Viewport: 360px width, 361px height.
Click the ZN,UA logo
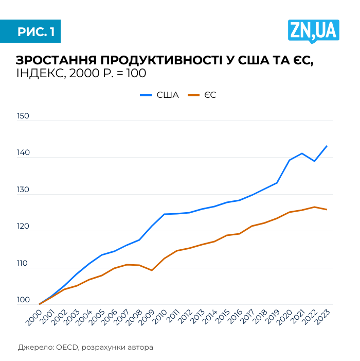pyautogui.click(x=313, y=30)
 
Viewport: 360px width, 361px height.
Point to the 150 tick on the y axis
pyautogui.click(x=23, y=116)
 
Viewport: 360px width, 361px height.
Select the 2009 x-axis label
pyautogui.click(x=146, y=316)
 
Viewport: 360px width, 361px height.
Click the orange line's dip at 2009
pyautogui.click(x=152, y=270)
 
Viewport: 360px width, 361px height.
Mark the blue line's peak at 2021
pyautogui.click(x=302, y=153)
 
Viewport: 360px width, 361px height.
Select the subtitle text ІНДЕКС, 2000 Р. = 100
pyautogui.click(x=81, y=73)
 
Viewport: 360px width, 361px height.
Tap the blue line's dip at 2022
pyautogui.click(x=315, y=161)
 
